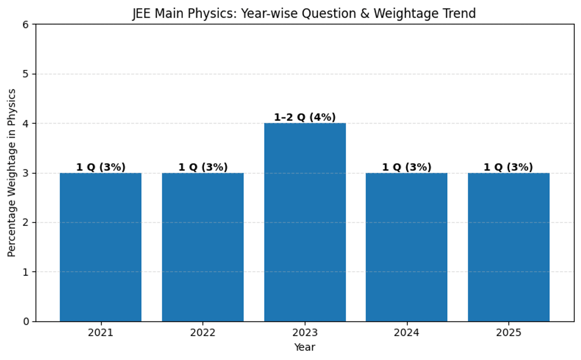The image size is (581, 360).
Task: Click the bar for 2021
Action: [101, 247]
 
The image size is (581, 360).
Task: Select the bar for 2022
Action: [203, 247]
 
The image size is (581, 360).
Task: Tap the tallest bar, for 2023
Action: [305, 223]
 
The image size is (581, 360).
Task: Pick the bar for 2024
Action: [407, 247]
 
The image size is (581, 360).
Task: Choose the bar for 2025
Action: [508, 247]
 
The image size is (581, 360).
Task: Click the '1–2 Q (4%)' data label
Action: [305, 118]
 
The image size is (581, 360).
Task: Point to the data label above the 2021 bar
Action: [101, 167]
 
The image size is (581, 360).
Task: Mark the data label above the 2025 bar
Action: [508, 167]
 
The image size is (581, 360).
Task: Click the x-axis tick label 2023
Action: [305, 333]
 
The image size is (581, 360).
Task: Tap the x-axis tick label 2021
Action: [101, 333]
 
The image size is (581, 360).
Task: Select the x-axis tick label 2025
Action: [508, 333]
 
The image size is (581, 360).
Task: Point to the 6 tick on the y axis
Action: [27, 25]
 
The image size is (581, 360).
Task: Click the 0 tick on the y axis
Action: [27, 321]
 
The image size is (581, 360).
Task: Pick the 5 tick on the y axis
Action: [27, 74]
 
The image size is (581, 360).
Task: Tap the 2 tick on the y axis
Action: [27, 223]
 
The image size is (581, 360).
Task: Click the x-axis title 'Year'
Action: [305, 347]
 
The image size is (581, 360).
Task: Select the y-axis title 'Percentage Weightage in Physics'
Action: [12, 173]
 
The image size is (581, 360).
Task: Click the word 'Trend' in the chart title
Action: [460, 14]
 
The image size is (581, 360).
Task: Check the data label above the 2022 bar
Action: [203, 167]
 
